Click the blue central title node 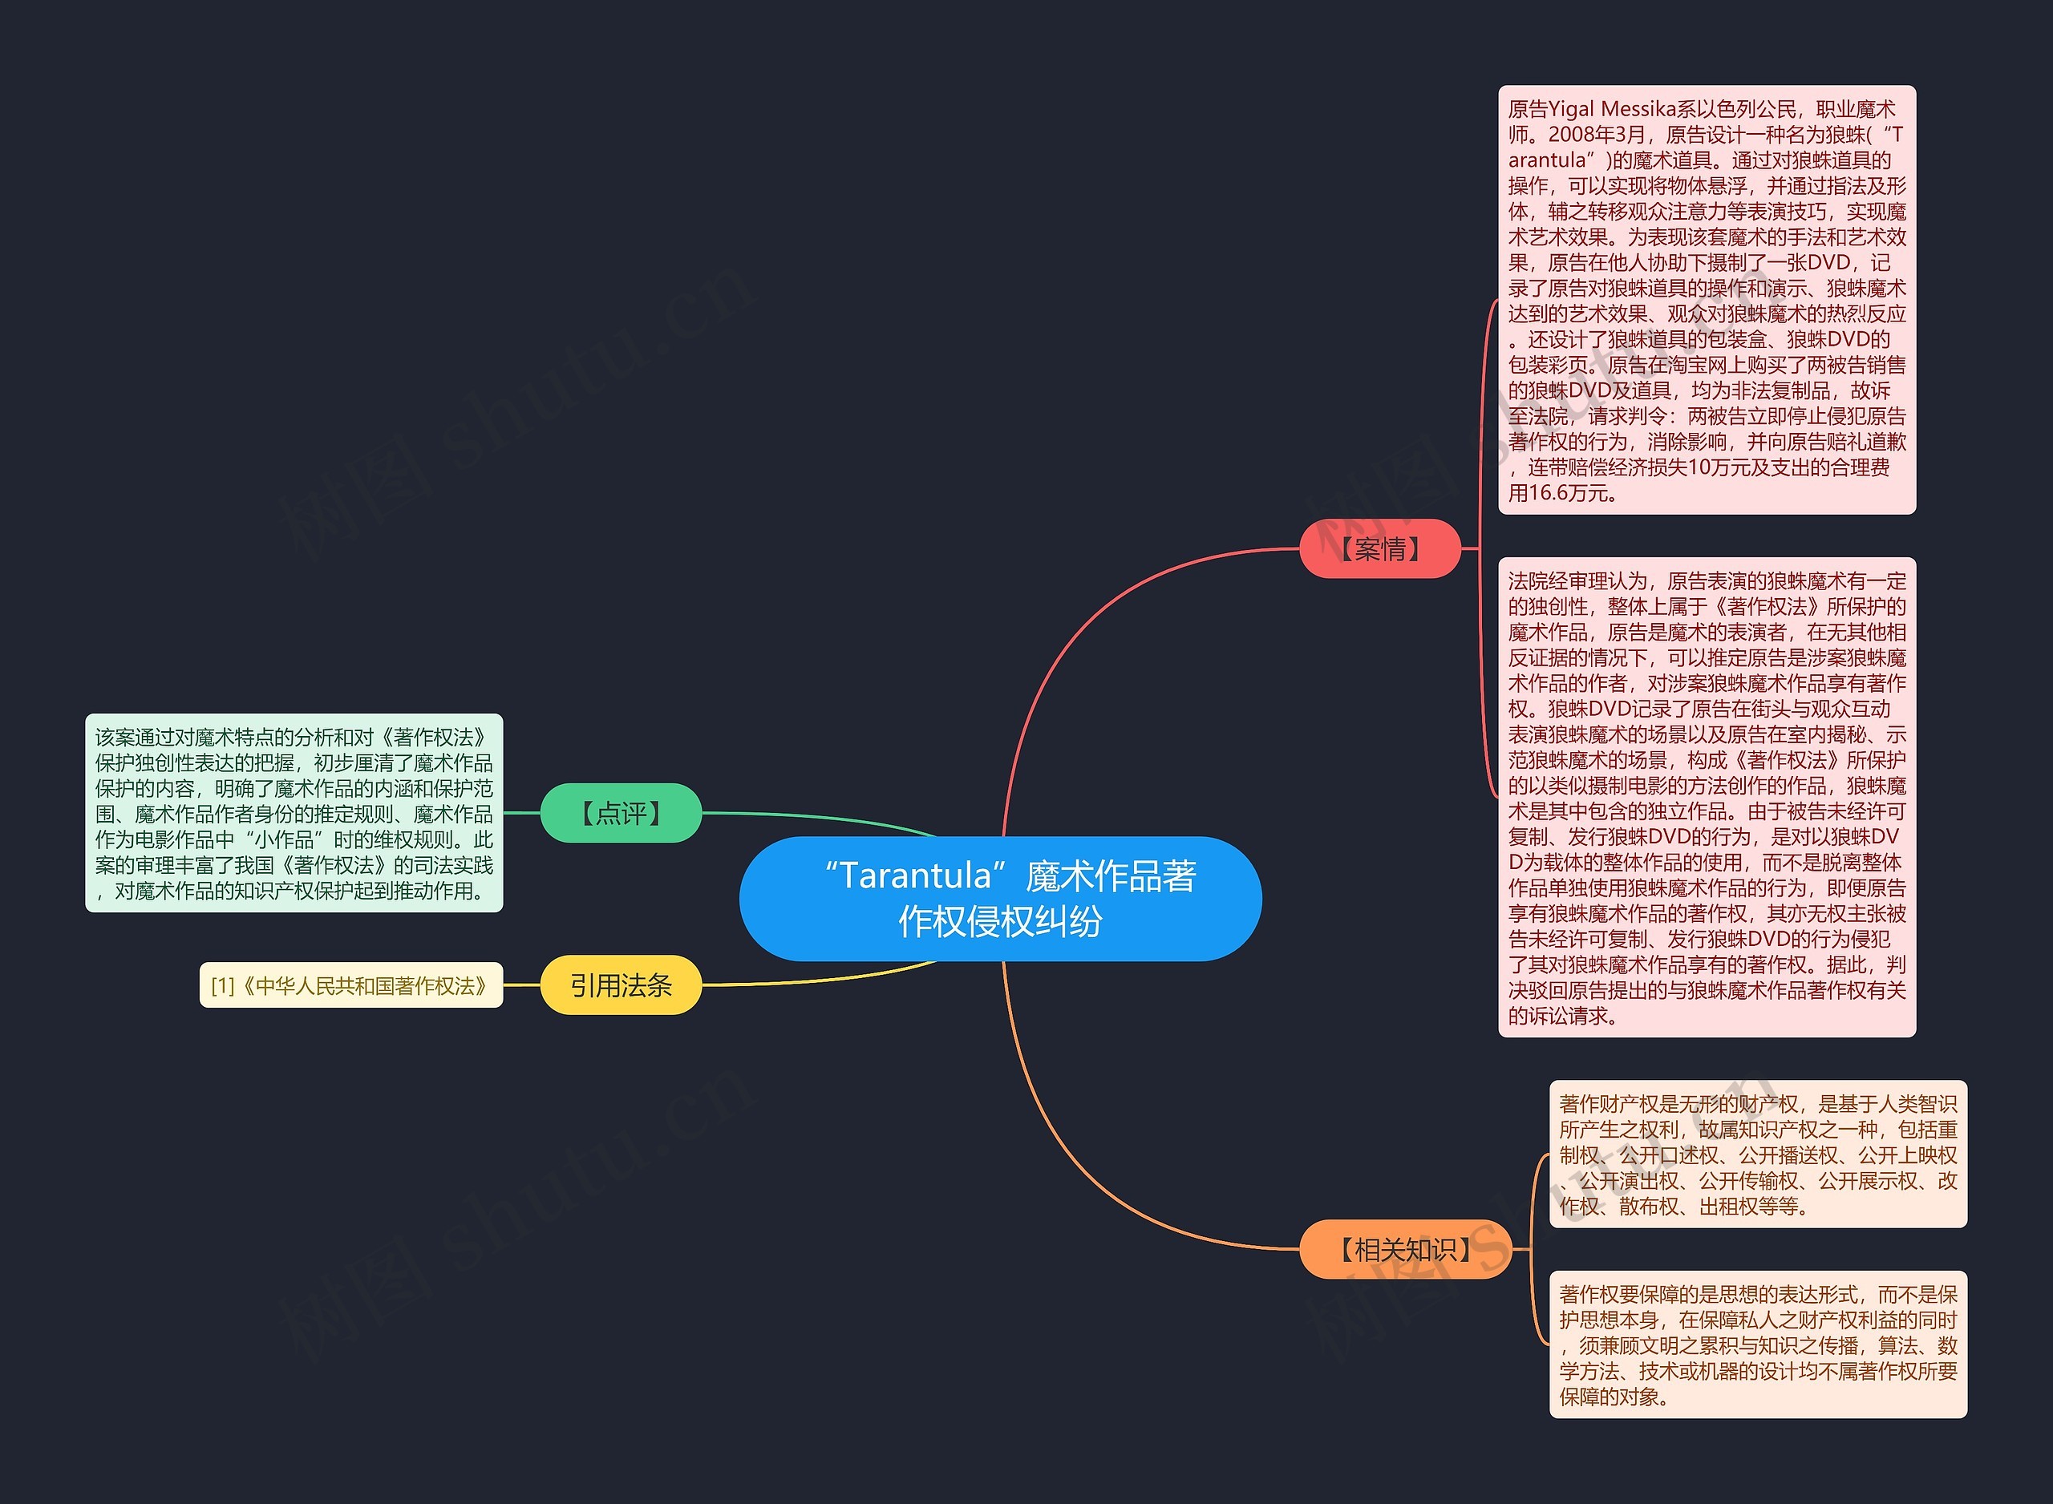click(x=1000, y=899)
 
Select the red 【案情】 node click(x=1379, y=549)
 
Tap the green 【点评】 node click(x=621, y=813)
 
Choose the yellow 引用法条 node click(x=621, y=985)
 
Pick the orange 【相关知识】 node click(x=1405, y=1249)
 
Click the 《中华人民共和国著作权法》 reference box click(x=351, y=986)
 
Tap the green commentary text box click(x=294, y=813)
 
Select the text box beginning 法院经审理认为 click(x=1707, y=798)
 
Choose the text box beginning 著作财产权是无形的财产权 click(x=1758, y=1154)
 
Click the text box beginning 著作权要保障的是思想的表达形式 click(x=1758, y=1344)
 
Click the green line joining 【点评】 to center click(x=820, y=815)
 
